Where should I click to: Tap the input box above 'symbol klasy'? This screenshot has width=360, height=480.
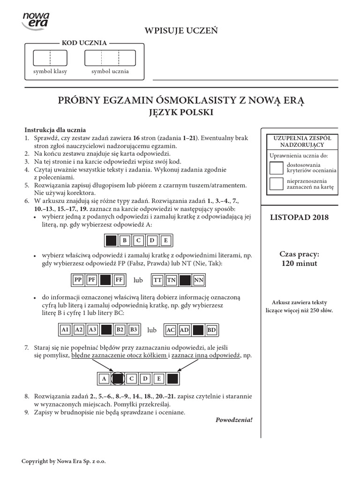[50, 57]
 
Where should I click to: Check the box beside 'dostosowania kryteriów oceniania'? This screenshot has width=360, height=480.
[277, 168]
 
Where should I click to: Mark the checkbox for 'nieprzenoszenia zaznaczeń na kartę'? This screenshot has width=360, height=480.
[277, 184]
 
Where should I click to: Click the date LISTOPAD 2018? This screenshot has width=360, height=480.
[300, 217]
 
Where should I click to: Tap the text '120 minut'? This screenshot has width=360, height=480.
[299, 263]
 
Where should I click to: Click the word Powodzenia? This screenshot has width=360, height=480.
[234, 420]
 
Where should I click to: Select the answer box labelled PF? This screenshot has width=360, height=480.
[92, 280]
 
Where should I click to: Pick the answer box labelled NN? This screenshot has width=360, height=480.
[199, 280]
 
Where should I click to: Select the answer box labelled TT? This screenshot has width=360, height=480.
[157, 280]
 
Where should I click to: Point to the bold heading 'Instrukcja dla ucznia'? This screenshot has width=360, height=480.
[55, 130]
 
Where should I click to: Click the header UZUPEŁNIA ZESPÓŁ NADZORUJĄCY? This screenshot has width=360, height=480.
[299, 142]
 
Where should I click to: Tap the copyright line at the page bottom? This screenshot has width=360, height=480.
[64, 461]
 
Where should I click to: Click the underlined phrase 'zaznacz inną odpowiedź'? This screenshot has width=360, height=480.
[205, 356]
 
